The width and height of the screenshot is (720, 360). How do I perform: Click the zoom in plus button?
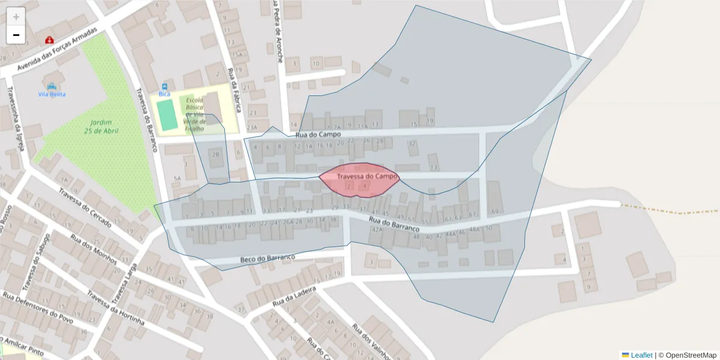(x=16, y=17)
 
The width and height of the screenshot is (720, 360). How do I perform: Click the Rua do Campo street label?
(x=317, y=134)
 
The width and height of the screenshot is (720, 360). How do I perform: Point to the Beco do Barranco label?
(x=268, y=258)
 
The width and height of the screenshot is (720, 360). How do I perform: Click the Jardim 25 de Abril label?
(x=101, y=126)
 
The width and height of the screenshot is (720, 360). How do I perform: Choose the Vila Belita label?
(x=52, y=94)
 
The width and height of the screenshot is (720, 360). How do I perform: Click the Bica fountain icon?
(x=164, y=86)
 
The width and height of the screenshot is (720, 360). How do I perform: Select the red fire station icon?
(x=49, y=40)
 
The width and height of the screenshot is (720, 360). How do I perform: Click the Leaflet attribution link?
(x=641, y=355)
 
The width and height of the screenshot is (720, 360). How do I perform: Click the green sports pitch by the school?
(x=167, y=115)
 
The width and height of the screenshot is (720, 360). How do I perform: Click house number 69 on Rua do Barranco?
(x=495, y=211)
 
